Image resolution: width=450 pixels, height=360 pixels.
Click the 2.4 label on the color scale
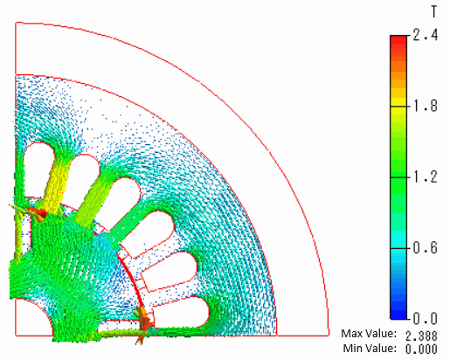[426, 36]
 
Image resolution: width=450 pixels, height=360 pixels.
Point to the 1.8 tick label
[426, 106]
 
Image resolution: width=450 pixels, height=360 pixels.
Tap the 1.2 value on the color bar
[426, 177]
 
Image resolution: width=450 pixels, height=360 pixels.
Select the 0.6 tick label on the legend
[426, 248]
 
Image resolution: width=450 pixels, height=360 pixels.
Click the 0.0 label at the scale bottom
[426, 318]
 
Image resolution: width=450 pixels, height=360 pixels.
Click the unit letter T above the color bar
[434, 12]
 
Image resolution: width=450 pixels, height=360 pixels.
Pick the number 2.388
[421, 336]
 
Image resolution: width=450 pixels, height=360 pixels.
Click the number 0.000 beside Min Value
[421, 349]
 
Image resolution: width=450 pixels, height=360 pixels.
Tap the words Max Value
[369, 334]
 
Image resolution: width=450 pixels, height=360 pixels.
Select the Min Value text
[370, 348]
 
